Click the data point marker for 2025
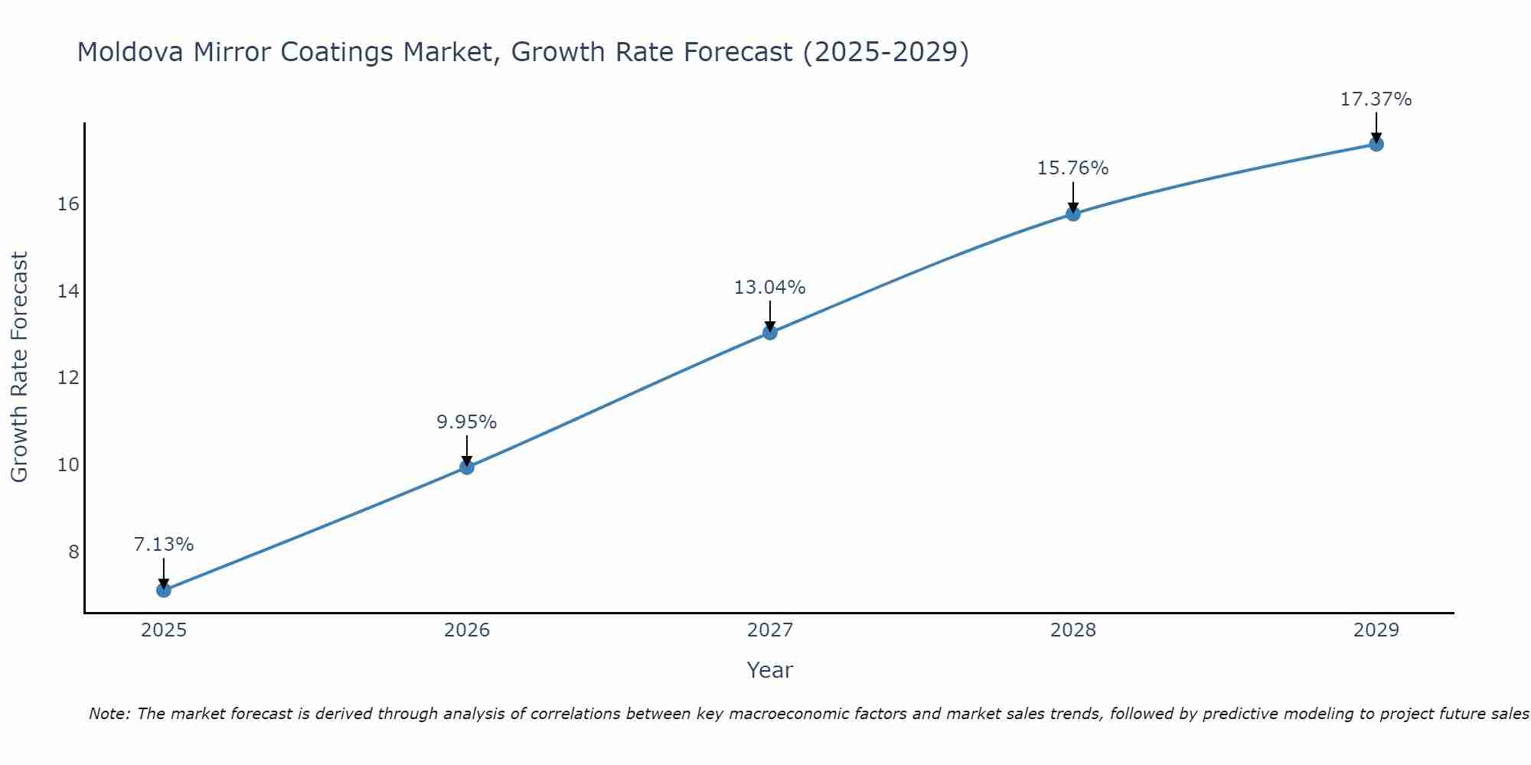pos(163,590)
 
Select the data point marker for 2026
pos(467,467)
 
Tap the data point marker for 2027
pos(770,332)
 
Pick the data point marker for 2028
pos(1073,213)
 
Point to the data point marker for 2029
pos(1376,144)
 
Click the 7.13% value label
pos(163,545)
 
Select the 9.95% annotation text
pos(467,422)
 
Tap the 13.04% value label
pos(770,288)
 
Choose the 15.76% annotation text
pos(1073,168)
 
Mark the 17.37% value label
pos(1376,99)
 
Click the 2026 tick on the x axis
pos(467,630)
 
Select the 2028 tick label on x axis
pos(1073,630)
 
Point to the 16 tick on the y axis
pos(69,204)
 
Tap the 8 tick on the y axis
pos(73,552)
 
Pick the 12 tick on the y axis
pos(69,378)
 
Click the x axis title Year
pos(770,670)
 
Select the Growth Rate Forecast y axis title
pos(20,367)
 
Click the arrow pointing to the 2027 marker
pos(770,315)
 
